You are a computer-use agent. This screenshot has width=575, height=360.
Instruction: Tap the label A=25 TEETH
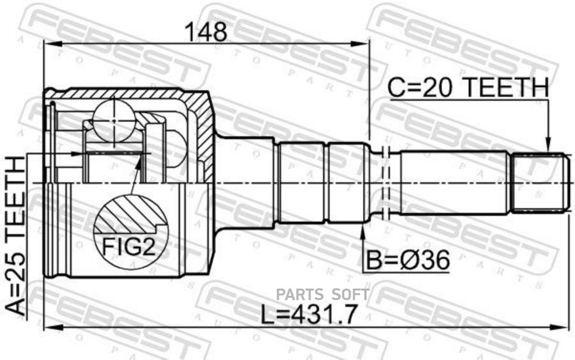[17, 236]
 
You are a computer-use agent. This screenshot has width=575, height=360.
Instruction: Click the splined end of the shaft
[540, 182]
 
